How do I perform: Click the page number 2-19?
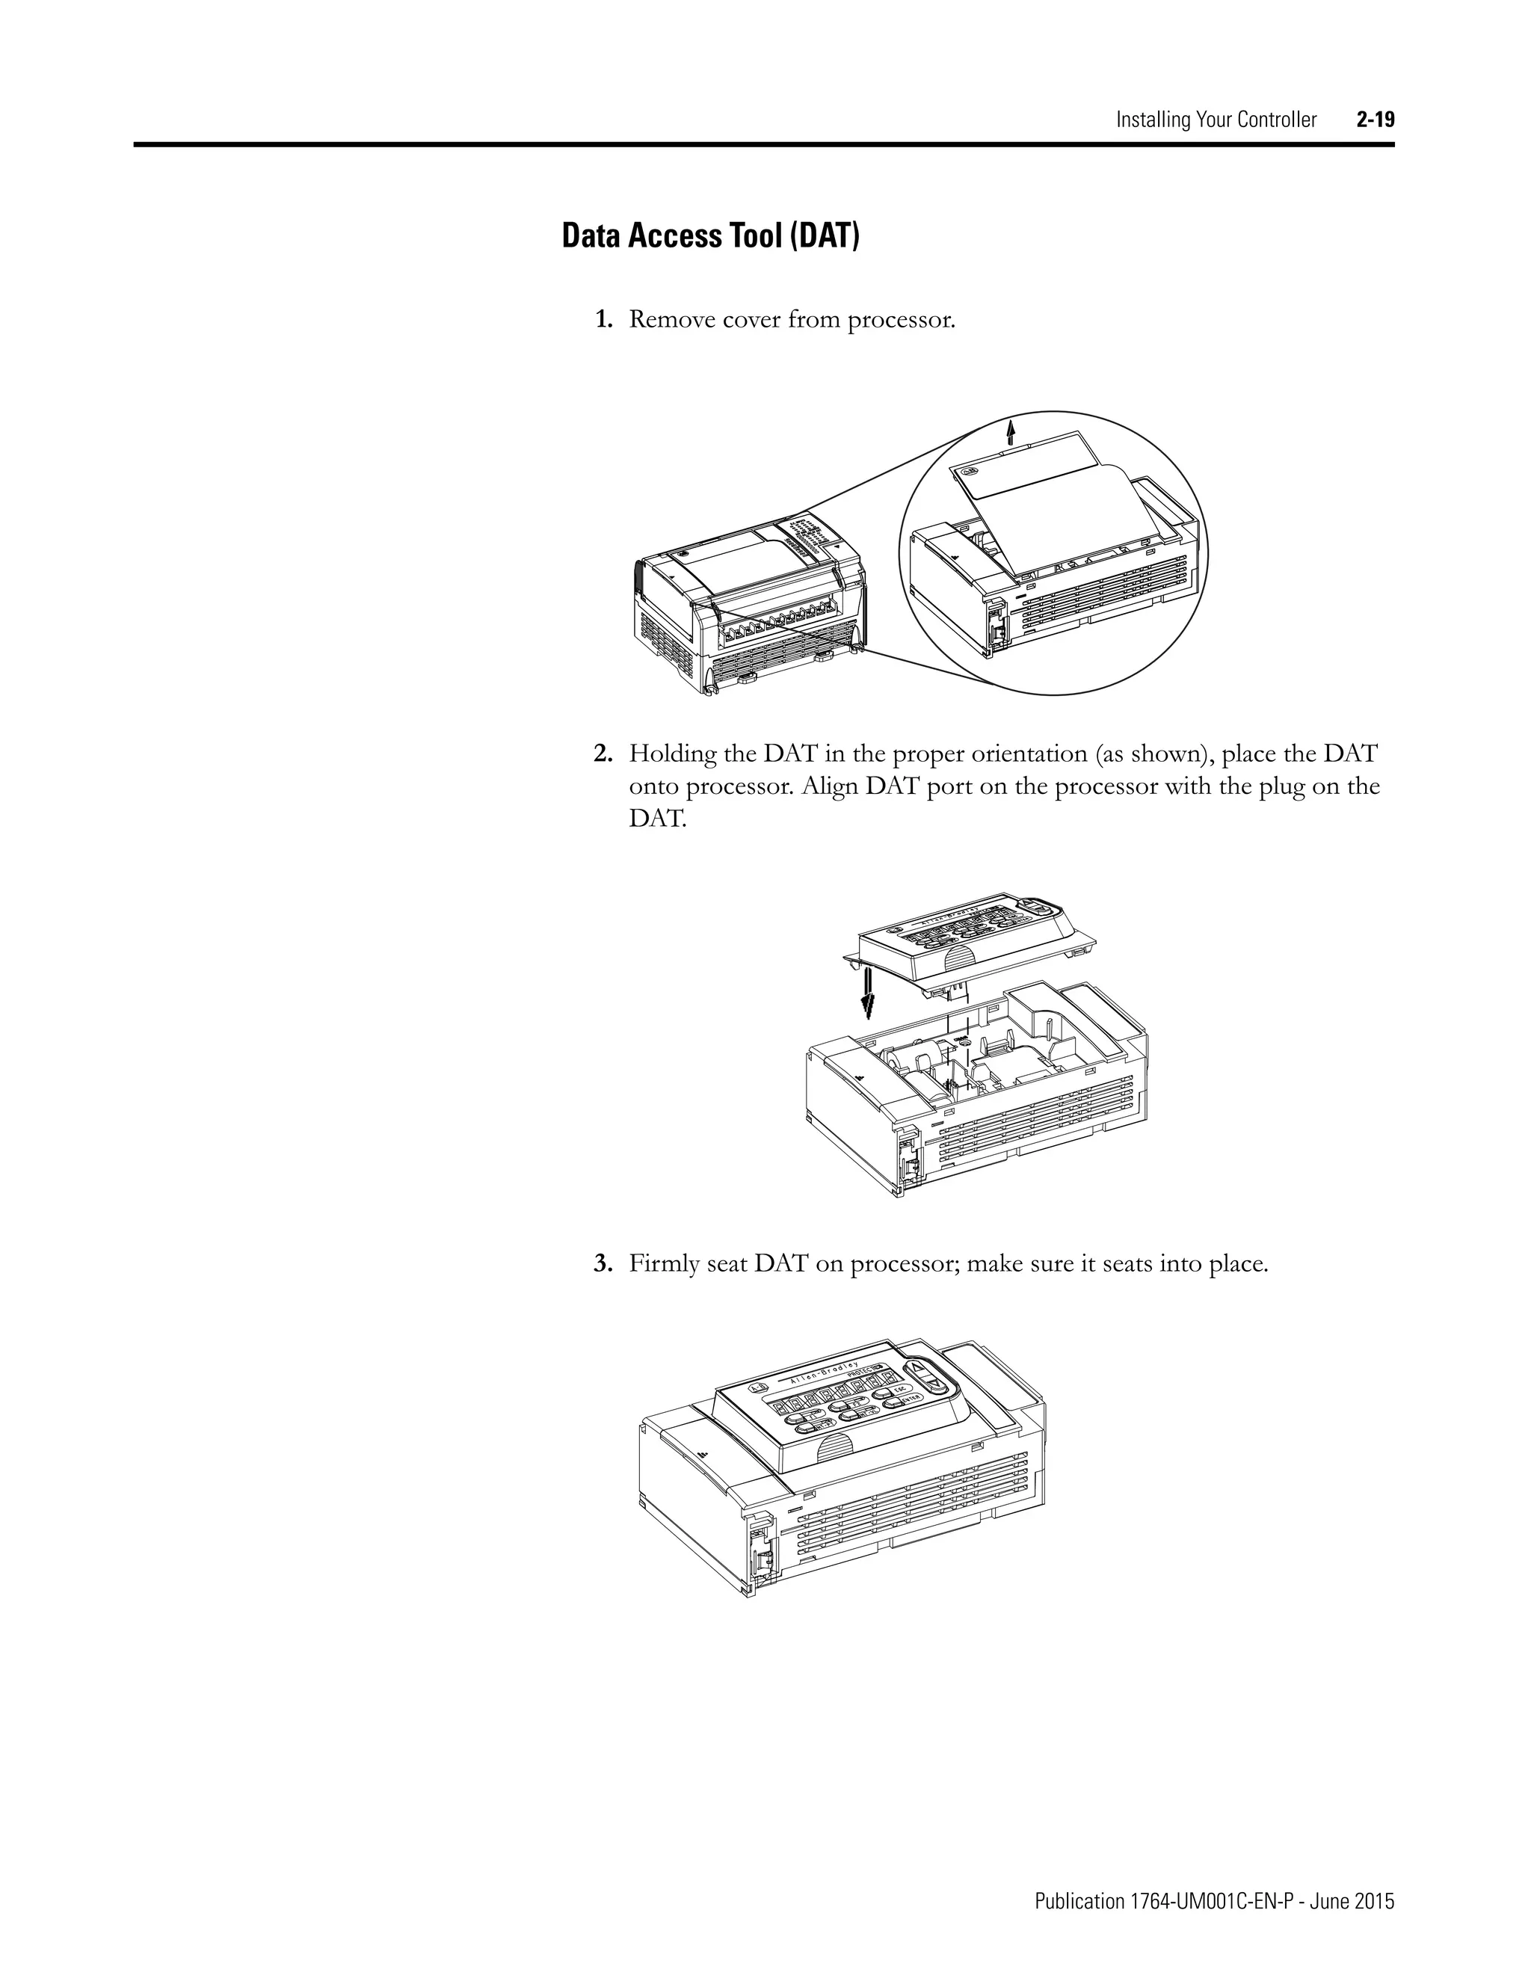1375,120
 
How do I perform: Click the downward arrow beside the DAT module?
868,992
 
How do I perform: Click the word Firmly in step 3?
664,1263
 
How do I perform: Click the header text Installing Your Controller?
1216,120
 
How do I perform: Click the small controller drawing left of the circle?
748,603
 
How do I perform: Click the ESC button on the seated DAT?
899,1390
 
